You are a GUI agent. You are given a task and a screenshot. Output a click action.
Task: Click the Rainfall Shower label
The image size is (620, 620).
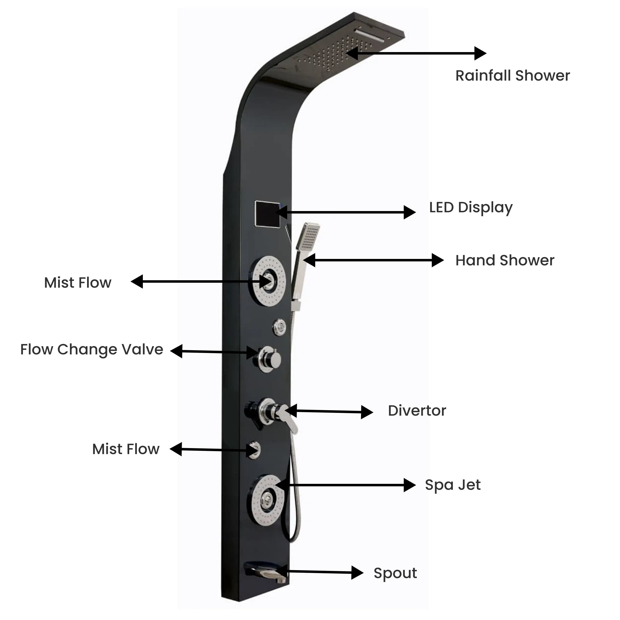(513, 76)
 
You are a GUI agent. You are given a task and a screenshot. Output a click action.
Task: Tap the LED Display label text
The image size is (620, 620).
(470, 208)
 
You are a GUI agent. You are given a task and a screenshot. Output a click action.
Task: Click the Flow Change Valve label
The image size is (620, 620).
(92, 349)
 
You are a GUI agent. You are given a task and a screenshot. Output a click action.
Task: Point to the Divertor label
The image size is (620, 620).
(417, 411)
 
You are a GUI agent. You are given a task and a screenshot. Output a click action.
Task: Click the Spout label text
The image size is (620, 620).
(395, 573)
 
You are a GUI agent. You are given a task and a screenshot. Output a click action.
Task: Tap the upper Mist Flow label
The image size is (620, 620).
(78, 283)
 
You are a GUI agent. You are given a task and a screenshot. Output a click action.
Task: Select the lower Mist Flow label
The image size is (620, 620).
(126, 449)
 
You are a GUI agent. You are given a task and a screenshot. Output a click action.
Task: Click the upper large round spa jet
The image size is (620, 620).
(269, 281)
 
